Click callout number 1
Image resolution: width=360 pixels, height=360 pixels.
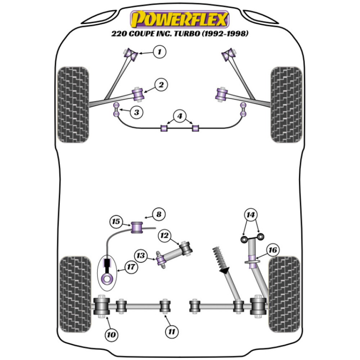[x=158, y=52]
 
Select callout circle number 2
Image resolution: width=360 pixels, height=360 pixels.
[x=161, y=85]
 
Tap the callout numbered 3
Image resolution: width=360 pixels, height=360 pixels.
[x=136, y=112]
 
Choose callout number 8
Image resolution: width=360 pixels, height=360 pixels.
[x=158, y=215]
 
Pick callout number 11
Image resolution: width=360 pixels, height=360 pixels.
[x=172, y=330]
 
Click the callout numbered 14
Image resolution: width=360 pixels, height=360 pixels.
[x=251, y=215]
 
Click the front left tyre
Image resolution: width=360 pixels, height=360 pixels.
[x=73, y=104]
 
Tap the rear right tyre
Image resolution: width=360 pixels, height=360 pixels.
[x=284, y=294]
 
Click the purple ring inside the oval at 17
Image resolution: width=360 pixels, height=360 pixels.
[x=107, y=278]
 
